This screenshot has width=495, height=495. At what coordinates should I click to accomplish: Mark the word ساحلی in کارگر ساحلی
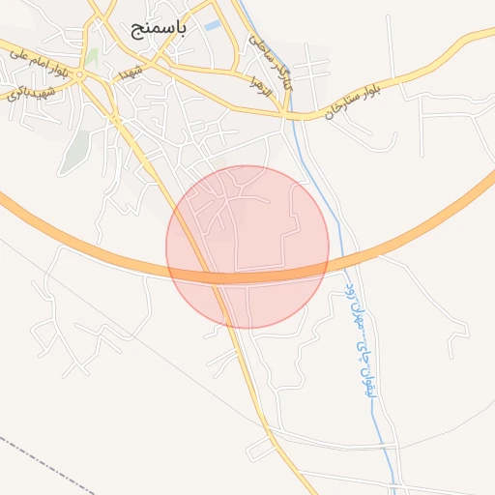point(259,44)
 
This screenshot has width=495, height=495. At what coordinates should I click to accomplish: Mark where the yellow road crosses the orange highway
point(217,278)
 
